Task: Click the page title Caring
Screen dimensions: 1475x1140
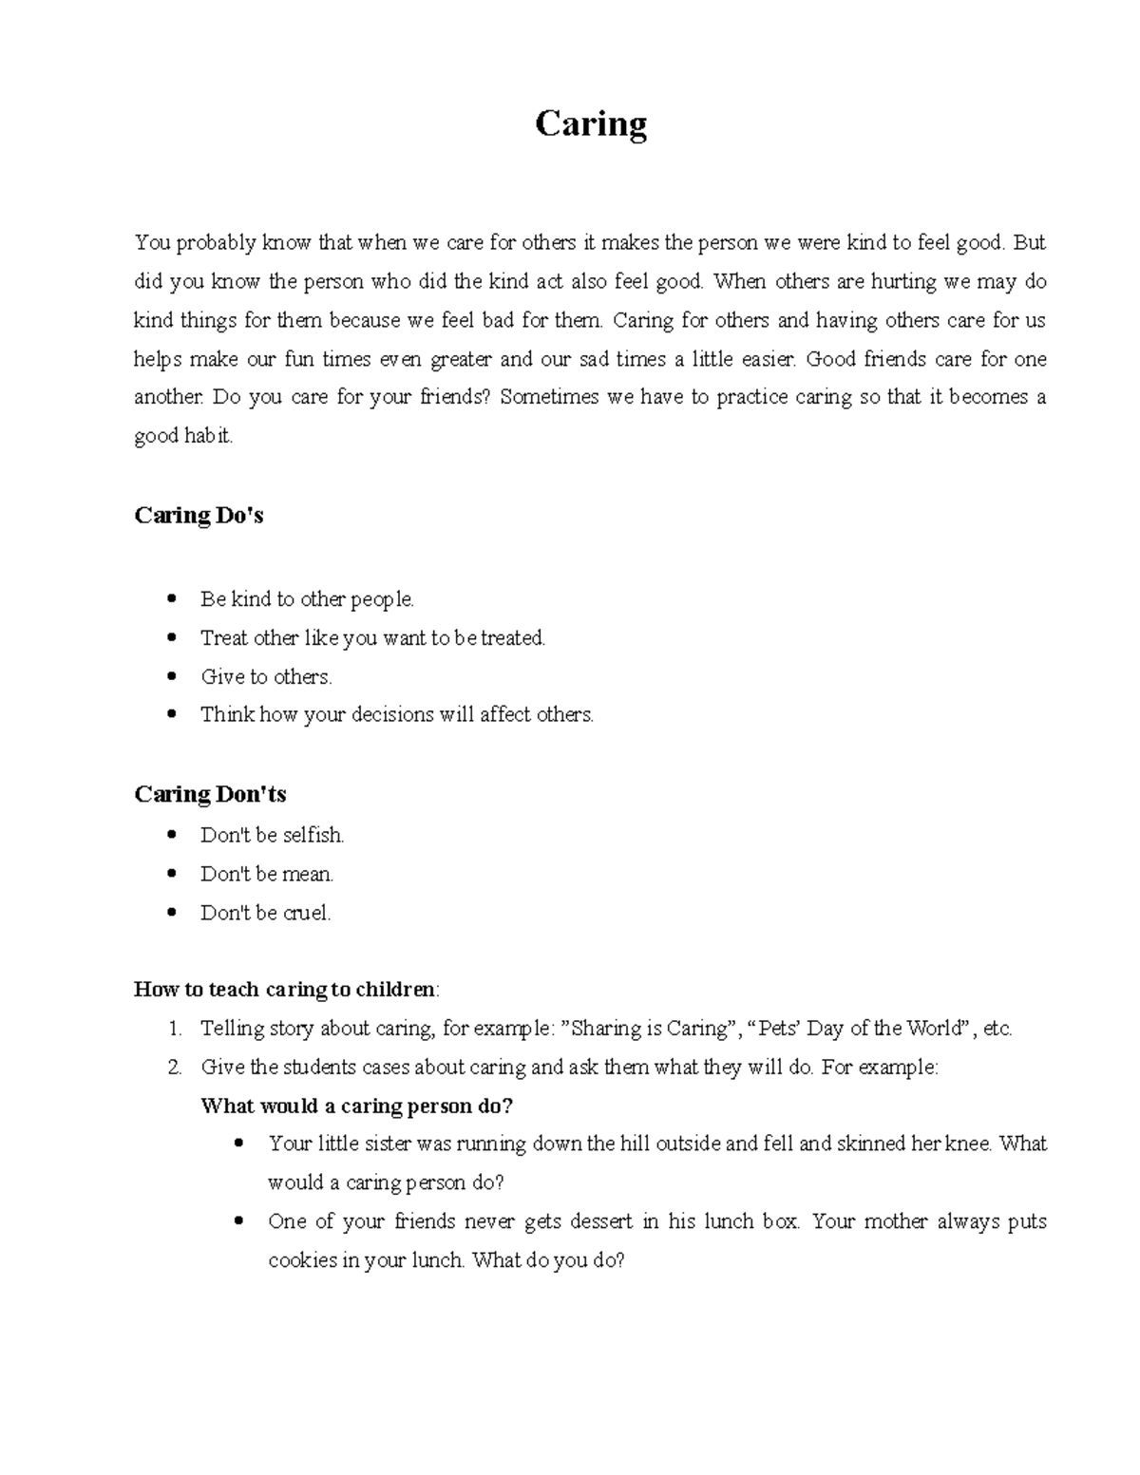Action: [x=591, y=124]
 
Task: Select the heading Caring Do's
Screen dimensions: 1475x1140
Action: [x=199, y=516]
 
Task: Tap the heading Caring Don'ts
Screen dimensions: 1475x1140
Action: [x=210, y=794]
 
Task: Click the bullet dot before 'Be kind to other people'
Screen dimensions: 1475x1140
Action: [x=171, y=599]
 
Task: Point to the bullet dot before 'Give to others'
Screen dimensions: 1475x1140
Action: [x=171, y=677]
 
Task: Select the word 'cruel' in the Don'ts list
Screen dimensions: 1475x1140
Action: [x=305, y=914]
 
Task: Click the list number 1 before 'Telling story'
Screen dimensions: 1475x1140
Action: [x=174, y=1029]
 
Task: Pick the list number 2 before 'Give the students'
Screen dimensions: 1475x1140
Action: [x=174, y=1068]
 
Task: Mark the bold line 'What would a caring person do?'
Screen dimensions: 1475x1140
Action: [x=357, y=1106]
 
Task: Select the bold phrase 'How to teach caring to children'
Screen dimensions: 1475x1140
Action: [x=284, y=990]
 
